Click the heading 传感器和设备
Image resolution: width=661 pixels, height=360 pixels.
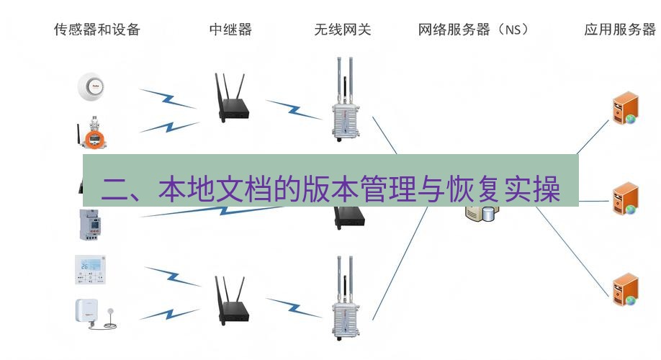97,30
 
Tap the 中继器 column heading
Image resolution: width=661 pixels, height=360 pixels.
230,30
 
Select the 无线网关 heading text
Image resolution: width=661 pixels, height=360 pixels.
343,30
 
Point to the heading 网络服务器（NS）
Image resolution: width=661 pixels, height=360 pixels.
473,30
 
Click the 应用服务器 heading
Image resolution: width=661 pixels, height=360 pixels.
620,30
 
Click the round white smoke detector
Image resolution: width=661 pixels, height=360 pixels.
91,86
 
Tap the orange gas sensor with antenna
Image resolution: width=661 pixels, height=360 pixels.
92,133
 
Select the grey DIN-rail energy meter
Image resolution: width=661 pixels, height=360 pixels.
89,224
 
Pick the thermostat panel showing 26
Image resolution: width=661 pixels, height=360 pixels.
90,269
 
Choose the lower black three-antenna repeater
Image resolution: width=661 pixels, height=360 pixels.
231,300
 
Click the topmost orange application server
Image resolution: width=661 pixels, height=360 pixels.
626,108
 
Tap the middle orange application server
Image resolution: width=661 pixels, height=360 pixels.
626,199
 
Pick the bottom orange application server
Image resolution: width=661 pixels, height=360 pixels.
626,289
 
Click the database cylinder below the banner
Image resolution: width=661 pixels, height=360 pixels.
487,214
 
